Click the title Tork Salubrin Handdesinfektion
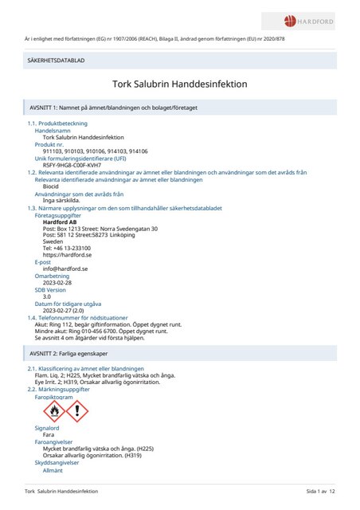(x=180, y=84)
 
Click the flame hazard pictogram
(x=54, y=410)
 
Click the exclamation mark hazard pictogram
(x=76, y=410)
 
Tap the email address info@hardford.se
(x=65, y=269)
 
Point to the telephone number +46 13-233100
(x=66, y=248)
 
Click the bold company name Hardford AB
(x=60, y=222)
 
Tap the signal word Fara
(x=49, y=435)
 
